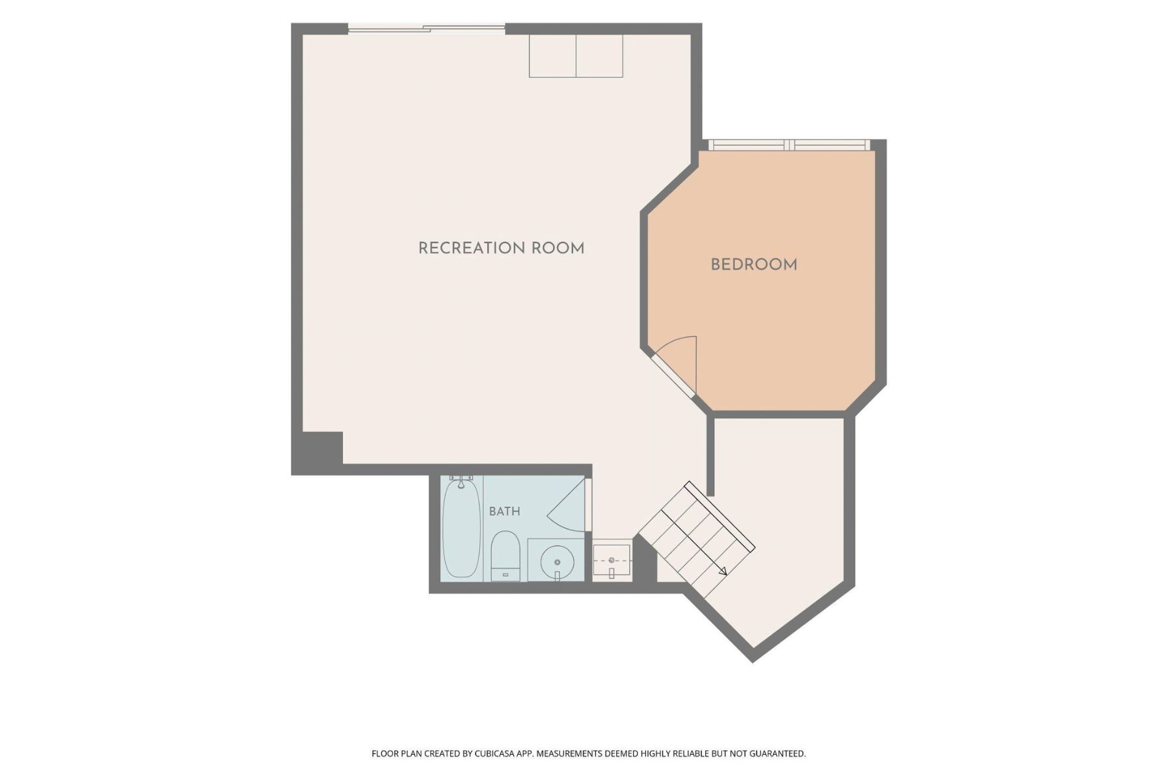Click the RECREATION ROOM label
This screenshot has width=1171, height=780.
tap(501, 248)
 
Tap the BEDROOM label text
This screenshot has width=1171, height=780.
tap(754, 265)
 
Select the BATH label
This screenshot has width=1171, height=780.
tap(505, 512)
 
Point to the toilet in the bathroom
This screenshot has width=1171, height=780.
tap(505, 556)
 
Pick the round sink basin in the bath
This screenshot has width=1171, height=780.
tap(557, 561)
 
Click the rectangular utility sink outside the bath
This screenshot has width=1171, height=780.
tap(612, 560)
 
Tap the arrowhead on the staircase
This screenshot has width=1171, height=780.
tap(722, 571)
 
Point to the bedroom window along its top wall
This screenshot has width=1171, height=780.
tap(789, 145)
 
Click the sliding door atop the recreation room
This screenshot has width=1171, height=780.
tap(426, 28)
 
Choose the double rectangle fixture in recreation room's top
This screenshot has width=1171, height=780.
tap(576, 56)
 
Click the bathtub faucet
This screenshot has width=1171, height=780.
tap(461, 482)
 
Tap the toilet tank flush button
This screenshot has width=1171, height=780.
tap(505, 575)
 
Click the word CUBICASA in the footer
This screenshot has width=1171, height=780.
tap(494, 754)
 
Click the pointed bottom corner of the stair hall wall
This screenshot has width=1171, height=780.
tap(753, 662)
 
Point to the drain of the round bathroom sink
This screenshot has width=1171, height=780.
tap(557, 562)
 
